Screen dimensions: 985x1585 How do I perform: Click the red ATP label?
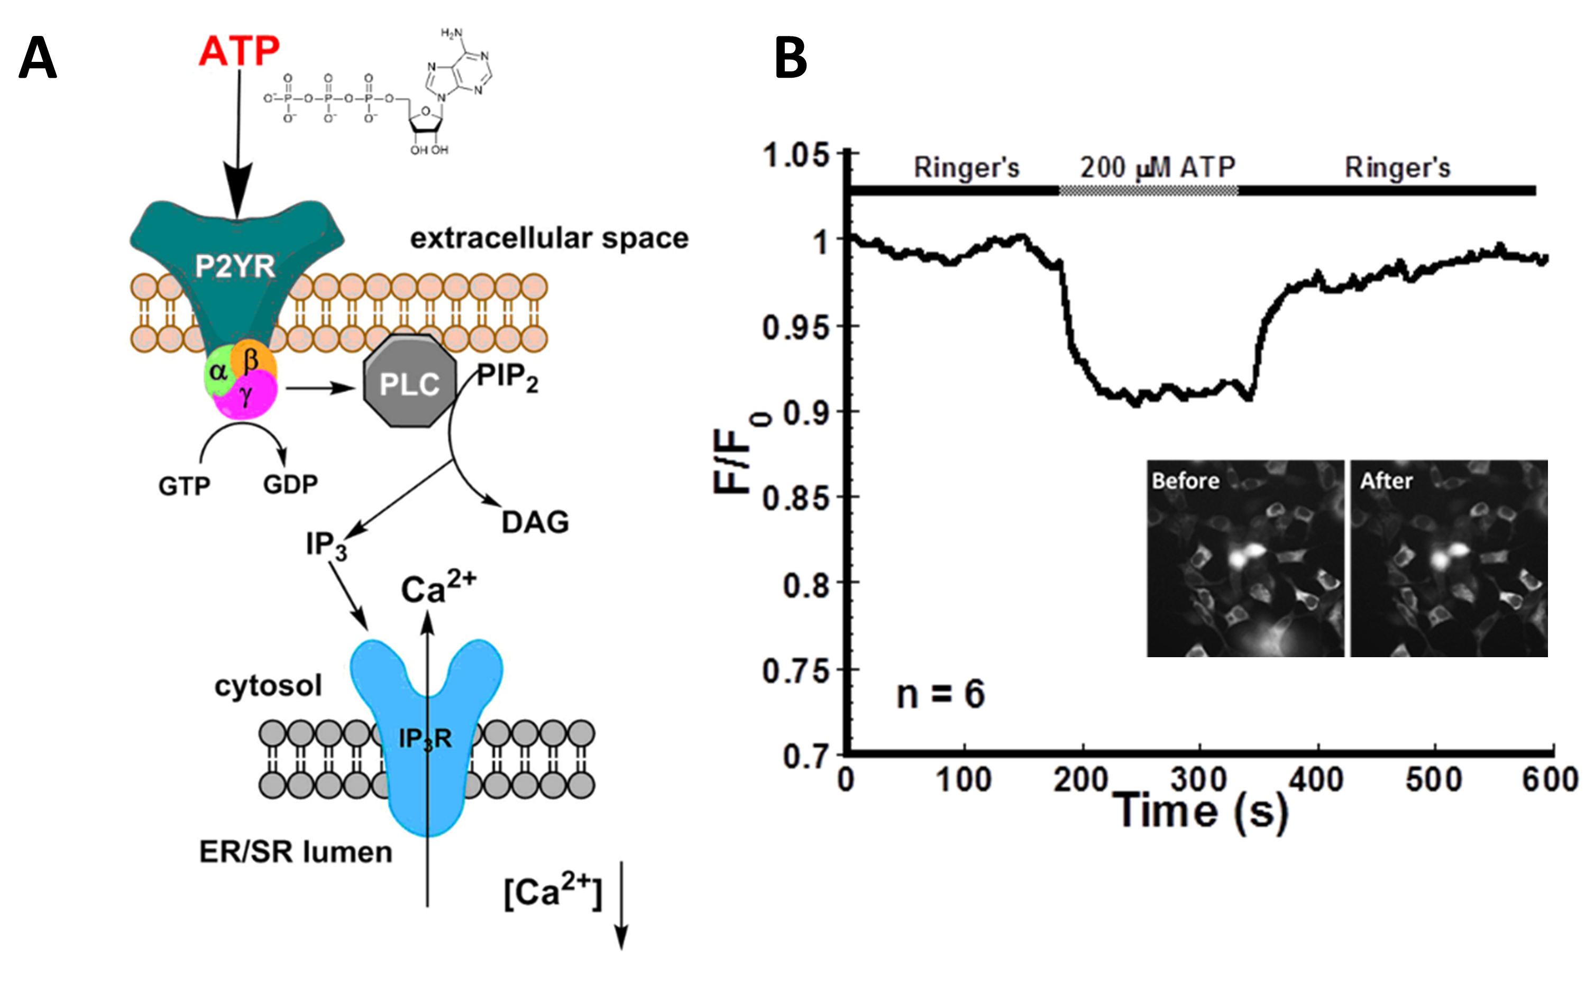pos(239,50)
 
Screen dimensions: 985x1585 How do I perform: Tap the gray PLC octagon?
pos(409,382)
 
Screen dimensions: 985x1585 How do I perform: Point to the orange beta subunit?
pos(252,357)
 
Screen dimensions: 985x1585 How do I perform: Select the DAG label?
pos(535,522)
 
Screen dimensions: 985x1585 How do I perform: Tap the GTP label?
pos(185,486)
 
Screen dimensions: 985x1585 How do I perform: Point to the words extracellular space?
pos(549,238)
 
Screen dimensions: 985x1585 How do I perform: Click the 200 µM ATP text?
pos(1158,168)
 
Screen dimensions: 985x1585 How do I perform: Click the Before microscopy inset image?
pos(1245,559)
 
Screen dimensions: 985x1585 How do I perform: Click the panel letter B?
pos(791,59)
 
